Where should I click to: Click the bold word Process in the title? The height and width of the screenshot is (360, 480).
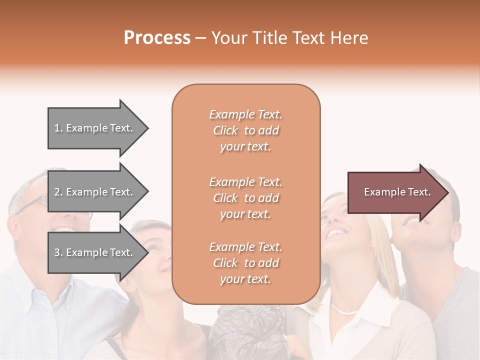coord(157,38)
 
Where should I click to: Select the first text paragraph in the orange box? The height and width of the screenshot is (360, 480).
coord(245,130)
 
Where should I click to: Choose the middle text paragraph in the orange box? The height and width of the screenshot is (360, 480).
coord(245,198)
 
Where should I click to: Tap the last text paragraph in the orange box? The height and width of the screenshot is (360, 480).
coord(245,263)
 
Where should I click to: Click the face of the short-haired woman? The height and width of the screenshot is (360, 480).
coord(155,255)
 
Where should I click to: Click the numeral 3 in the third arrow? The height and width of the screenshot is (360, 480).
coord(56,252)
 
